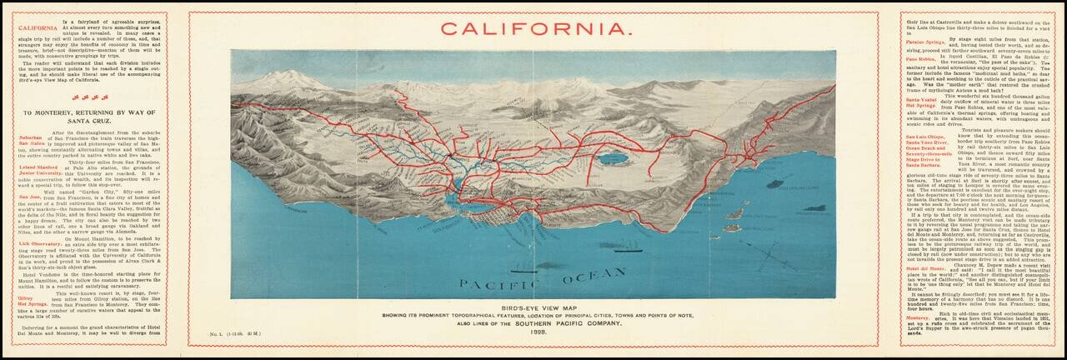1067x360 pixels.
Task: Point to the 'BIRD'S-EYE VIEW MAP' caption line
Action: [534, 307]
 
